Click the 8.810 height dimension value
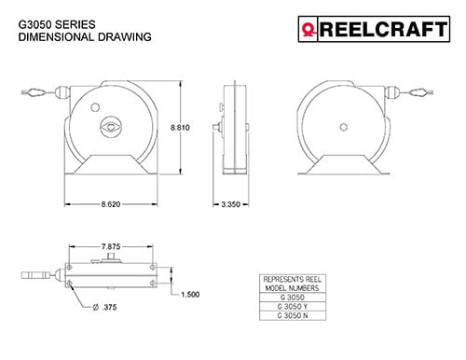point(180,128)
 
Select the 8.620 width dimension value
point(111,204)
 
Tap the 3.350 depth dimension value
point(230,204)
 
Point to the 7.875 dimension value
point(111,246)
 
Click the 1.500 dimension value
point(190,294)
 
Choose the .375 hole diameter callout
point(105,308)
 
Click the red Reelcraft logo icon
point(308,30)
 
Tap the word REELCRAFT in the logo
point(384,29)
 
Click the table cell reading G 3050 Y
point(293,307)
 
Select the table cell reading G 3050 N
point(293,315)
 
